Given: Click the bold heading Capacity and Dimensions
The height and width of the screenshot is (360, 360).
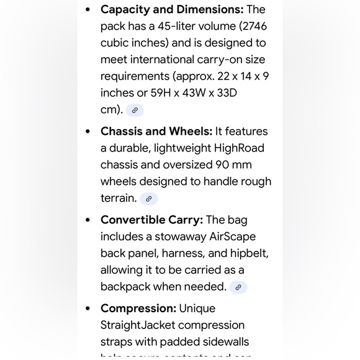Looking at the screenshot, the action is [x=172, y=9].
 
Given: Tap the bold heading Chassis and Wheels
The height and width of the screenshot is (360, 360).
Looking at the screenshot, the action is [x=156, y=131].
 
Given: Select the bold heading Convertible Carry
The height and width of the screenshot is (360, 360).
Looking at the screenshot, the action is [x=151, y=220].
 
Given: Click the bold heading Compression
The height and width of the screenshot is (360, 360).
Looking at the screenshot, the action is [x=138, y=308].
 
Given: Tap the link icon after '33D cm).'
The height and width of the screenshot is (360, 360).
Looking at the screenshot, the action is [x=135, y=110].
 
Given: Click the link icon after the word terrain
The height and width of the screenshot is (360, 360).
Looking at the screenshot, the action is [x=148, y=199].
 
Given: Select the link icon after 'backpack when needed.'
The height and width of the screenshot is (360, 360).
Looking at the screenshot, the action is [x=238, y=287].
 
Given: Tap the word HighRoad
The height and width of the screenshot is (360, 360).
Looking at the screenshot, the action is [x=240, y=148].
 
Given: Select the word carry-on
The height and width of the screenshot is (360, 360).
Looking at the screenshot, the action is [x=222, y=60].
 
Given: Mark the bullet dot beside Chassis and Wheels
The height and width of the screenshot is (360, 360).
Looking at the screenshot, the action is [x=88, y=131].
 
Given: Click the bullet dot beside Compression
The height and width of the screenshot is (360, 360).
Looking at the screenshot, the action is [x=88, y=308].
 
